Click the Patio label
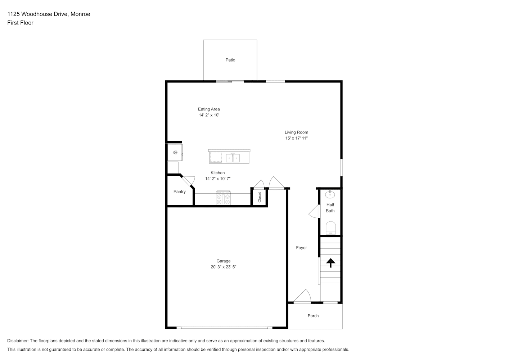click(x=230, y=60)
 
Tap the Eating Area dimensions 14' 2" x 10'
click(x=209, y=115)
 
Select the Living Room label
click(x=296, y=132)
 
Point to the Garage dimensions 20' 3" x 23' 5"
click(x=224, y=267)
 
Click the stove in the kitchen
click(x=224, y=198)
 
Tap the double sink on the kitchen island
click(x=233, y=158)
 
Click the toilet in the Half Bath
click(x=330, y=228)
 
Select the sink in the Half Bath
click(x=330, y=194)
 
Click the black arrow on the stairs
click(x=330, y=263)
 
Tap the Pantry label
click(x=180, y=192)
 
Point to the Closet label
click(x=260, y=197)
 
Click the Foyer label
click(x=301, y=248)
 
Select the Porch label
click(x=313, y=316)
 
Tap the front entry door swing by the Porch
click(x=302, y=296)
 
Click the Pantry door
click(x=188, y=181)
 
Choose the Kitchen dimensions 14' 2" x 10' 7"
click(x=218, y=179)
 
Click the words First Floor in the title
click(x=20, y=23)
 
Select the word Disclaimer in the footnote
click(x=18, y=341)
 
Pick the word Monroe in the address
click(x=80, y=14)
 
